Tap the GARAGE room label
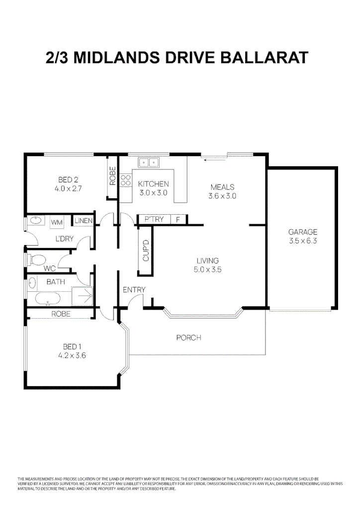point(302,232)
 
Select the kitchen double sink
point(149,162)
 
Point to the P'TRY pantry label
point(154,219)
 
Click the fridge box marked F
point(178,219)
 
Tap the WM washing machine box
point(57,222)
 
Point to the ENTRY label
point(134,290)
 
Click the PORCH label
point(189,338)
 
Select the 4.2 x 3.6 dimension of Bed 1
point(73,355)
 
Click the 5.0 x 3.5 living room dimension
point(207,270)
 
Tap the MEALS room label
point(222,187)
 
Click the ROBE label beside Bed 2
point(113,175)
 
